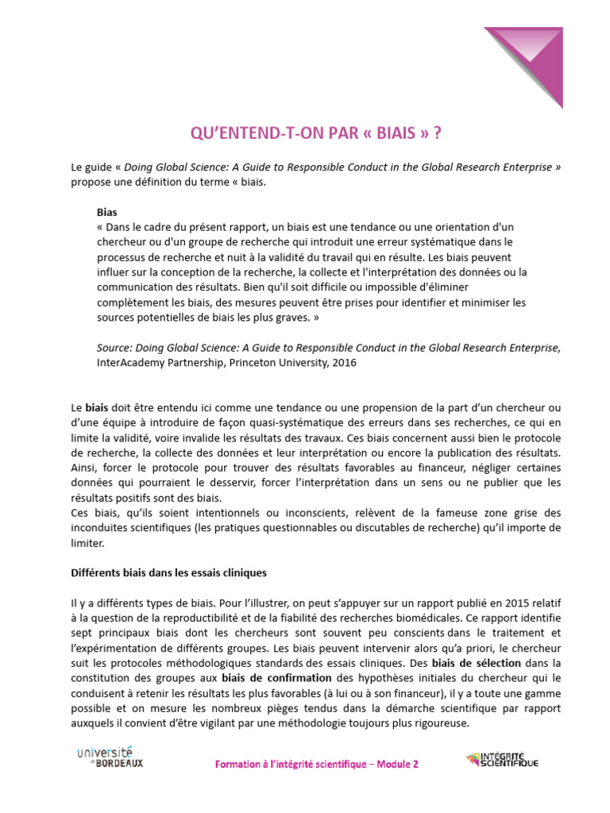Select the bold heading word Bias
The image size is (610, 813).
point(106,213)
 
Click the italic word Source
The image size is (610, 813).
point(114,348)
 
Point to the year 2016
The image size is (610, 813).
point(343,363)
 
